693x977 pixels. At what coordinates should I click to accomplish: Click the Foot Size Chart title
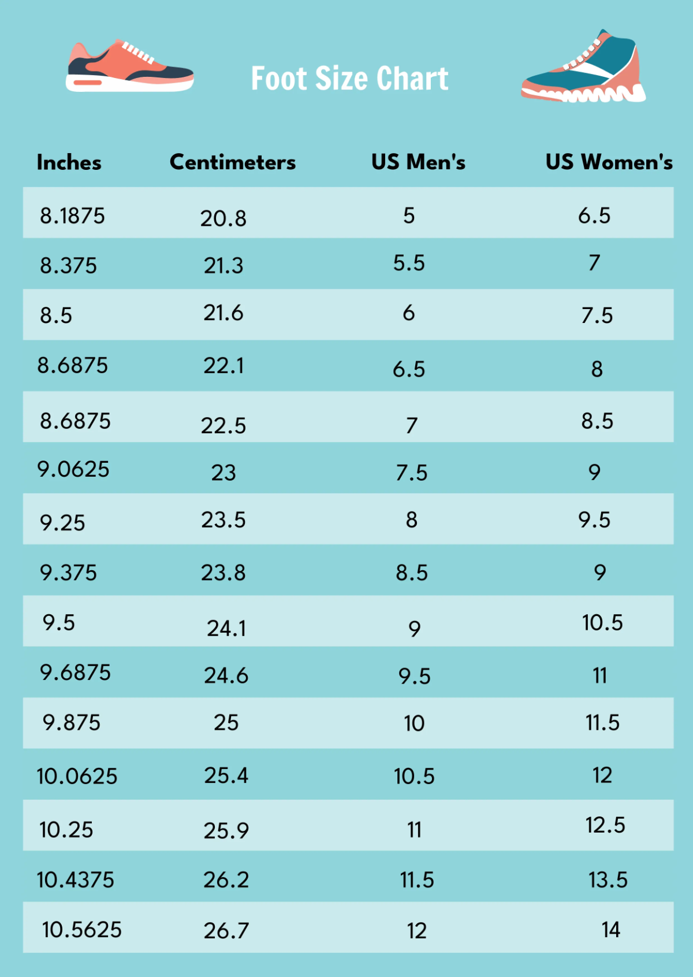tap(349, 79)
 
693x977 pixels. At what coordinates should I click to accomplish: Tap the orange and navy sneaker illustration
tap(129, 67)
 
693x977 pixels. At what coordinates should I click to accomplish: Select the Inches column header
tap(69, 163)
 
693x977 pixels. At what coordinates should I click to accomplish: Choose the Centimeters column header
tap(232, 162)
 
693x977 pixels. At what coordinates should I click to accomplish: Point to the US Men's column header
tap(418, 162)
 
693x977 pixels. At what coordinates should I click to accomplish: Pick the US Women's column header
tap(609, 162)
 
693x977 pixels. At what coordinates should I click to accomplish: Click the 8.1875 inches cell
tap(72, 216)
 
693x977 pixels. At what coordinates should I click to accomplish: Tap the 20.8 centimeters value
tap(223, 218)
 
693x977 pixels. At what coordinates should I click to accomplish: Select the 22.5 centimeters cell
tap(223, 426)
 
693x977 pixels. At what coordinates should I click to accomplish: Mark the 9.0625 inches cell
tap(73, 469)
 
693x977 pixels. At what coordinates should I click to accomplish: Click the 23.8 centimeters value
tap(223, 573)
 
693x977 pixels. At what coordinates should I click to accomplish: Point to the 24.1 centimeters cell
tap(226, 628)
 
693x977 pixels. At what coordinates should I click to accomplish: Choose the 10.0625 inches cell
tap(77, 777)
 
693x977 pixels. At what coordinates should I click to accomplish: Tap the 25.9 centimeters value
tap(226, 831)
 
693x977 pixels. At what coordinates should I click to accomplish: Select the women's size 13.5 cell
tap(608, 880)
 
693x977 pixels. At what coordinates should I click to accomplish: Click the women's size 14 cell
tap(611, 930)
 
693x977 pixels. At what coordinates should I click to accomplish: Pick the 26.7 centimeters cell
tap(226, 931)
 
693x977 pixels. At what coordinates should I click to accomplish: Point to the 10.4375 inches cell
tap(76, 880)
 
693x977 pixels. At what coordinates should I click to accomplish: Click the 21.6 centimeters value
tap(223, 313)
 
